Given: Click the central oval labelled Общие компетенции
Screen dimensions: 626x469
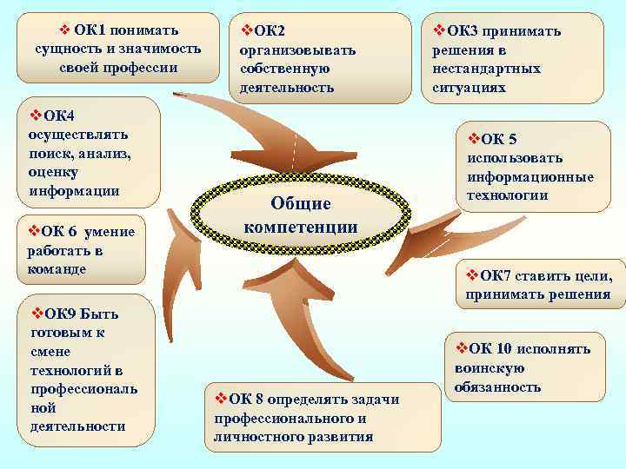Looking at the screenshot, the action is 300,215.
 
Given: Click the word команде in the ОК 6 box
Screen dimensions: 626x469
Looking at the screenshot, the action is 57,269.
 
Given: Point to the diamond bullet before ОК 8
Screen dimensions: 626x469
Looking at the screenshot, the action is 221,399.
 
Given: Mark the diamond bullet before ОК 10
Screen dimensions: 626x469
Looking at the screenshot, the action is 461,348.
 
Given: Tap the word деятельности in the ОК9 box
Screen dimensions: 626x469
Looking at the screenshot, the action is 77,426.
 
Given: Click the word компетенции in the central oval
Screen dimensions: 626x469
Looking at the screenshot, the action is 300,228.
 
